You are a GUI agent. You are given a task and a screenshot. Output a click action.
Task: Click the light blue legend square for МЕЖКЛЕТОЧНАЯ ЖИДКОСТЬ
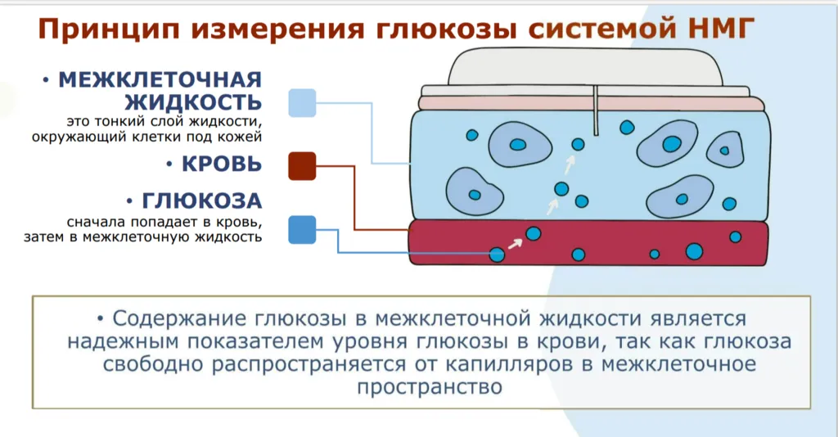pyautogui.click(x=302, y=102)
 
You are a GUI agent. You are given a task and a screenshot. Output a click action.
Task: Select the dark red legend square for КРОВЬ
pyautogui.click(x=302, y=165)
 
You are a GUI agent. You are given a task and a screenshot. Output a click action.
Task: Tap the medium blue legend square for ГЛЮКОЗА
pyautogui.click(x=302, y=230)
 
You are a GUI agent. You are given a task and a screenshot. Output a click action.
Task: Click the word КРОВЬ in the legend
pyautogui.click(x=221, y=164)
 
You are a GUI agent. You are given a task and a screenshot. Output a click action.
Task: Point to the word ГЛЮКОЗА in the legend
pyautogui.click(x=201, y=200)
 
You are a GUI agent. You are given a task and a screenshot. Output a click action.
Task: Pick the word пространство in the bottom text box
pyautogui.click(x=430, y=387)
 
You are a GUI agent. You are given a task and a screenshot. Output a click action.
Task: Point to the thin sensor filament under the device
pyautogui.click(x=596, y=110)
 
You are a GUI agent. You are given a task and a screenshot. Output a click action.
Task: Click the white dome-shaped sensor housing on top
pyautogui.click(x=586, y=67)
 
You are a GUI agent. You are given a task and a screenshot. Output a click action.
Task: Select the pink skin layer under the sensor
pyautogui.click(x=592, y=104)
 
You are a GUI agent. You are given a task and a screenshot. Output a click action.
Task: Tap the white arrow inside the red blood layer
pyautogui.click(x=515, y=244)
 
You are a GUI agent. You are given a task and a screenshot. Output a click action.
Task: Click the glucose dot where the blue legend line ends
pyautogui.click(x=497, y=255)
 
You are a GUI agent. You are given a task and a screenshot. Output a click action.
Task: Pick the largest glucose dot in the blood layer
pyautogui.click(x=694, y=251)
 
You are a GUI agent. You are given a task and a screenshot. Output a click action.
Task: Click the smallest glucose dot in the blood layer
pyautogui.click(x=654, y=255)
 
